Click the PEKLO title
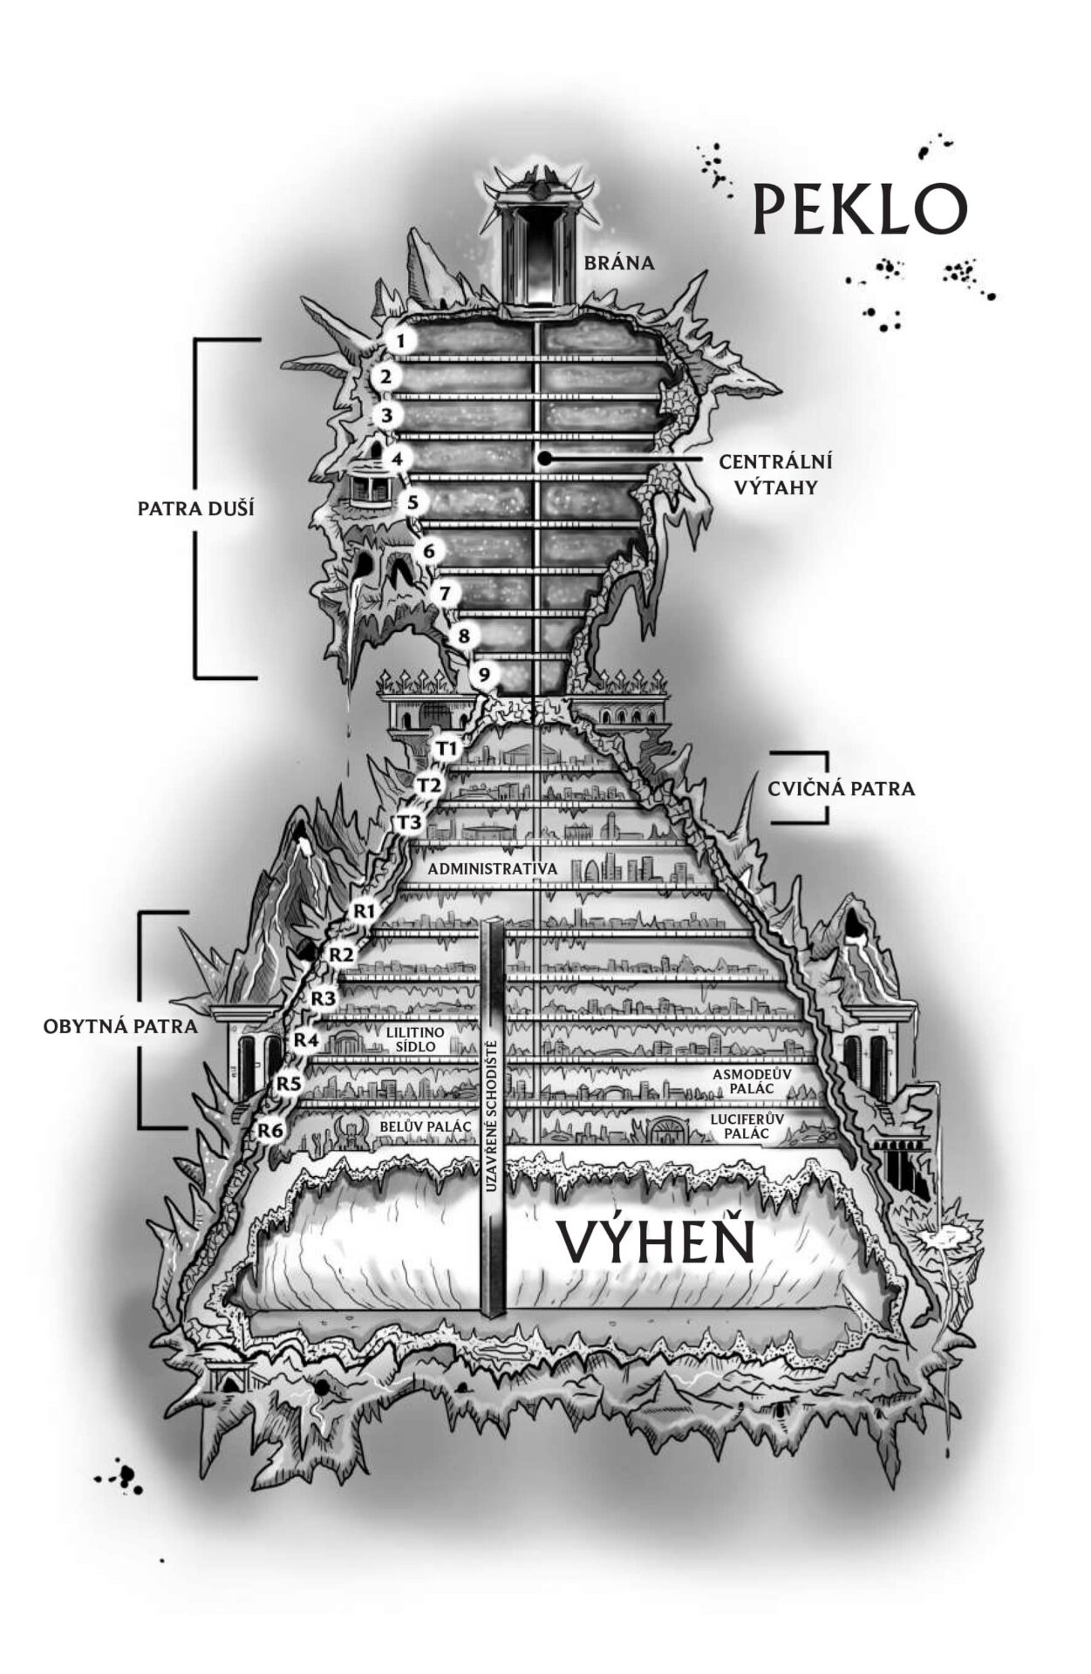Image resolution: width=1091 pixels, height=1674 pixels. (x=860, y=209)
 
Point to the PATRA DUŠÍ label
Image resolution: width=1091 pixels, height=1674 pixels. (x=195, y=508)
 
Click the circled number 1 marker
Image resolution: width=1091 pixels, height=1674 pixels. (x=399, y=340)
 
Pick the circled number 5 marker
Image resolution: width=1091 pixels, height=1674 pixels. (x=413, y=503)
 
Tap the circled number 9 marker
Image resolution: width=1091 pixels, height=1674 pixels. (x=484, y=674)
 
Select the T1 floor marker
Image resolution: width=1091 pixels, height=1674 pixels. (x=447, y=748)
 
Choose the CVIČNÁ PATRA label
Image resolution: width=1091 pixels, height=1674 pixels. (x=842, y=789)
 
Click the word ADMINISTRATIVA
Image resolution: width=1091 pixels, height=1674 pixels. (x=492, y=869)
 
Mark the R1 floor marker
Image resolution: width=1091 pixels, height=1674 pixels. (x=364, y=911)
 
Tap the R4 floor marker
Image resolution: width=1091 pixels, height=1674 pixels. (x=305, y=1039)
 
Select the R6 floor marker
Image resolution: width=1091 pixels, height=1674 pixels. (x=271, y=1131)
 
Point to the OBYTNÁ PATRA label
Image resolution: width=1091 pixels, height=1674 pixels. (x=120, y=1026)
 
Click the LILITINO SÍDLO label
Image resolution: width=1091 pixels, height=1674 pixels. (x=415, y=1038)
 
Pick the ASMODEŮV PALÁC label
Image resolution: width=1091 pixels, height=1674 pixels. (x=751, y=1082)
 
